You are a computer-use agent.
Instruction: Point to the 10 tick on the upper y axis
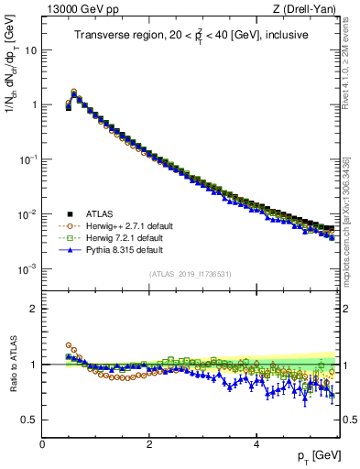31,49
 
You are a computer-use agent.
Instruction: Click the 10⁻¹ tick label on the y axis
29,159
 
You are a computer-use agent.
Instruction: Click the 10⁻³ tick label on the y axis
29,269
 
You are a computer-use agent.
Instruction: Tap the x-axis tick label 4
256,444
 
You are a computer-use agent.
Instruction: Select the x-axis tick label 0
42,444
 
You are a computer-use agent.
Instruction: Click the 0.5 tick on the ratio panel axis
30,420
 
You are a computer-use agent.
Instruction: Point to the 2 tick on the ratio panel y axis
33,309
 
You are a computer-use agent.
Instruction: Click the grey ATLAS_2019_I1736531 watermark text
190,274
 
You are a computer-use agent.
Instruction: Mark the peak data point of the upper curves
74,93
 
